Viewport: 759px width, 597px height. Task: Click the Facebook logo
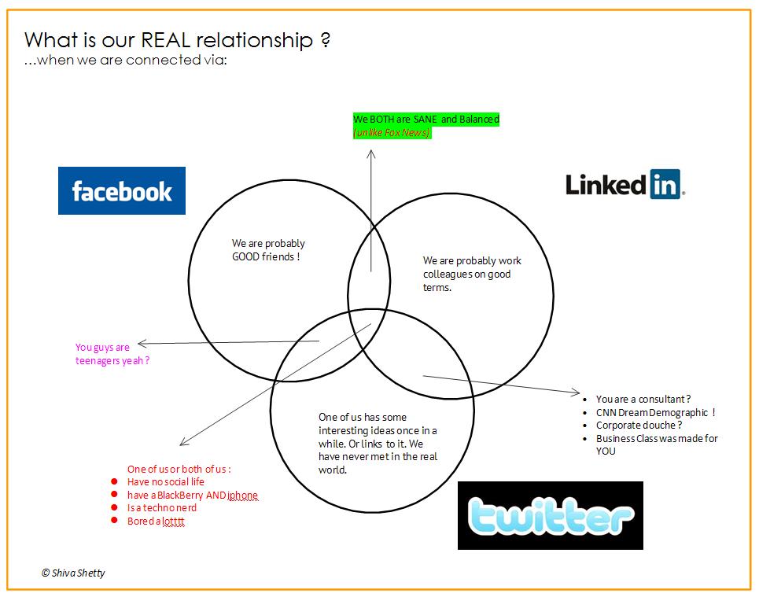coord(122,190)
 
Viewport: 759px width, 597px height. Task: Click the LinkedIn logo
coord(625,185)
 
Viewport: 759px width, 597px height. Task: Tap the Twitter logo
coord(550,515)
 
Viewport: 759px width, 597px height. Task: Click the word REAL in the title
coord(164,41)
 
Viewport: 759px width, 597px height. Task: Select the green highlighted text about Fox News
coord(426,126)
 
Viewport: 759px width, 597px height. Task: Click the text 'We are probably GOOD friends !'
coord(267,250)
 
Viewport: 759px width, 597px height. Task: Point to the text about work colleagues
coord(471,274)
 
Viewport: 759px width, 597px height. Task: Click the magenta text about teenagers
coord(112,354)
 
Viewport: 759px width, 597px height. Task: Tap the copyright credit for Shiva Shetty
coord(73,573)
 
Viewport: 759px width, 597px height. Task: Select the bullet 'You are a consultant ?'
coord(643,400)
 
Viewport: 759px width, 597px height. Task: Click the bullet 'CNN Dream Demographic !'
coord(655,412)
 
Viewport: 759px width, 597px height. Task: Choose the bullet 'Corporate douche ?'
coord(639,426)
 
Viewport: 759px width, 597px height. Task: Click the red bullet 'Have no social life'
coord(165,482)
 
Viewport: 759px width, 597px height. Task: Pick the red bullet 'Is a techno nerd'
coord(161,508)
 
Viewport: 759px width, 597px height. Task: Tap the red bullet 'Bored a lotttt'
coord(156,521)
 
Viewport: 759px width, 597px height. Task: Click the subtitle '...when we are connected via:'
coord(126,61)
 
